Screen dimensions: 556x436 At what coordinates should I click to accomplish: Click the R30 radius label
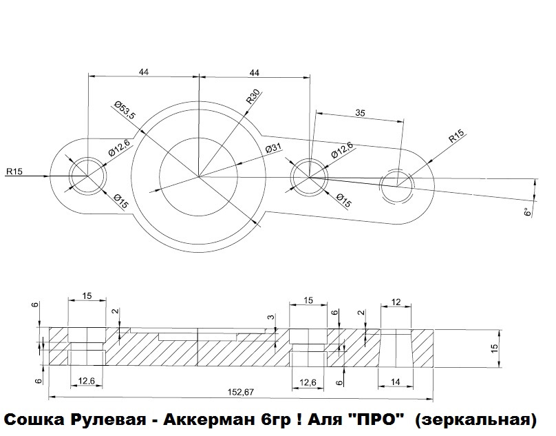(x=254, y=96)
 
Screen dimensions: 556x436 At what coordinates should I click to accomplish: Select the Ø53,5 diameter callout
(x=125, y=110)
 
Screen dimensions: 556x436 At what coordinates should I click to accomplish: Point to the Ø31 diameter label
(x=273, y=149)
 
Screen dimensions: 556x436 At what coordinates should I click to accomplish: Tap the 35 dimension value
(x=360, y=113)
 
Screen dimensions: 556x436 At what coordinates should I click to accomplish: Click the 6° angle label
(x=528, y=212)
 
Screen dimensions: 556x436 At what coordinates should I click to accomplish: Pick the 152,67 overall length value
(x=242, y=392)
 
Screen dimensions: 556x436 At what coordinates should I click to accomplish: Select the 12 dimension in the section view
(x=396, y=302)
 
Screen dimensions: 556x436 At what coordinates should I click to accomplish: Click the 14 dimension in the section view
(x=396, y=382)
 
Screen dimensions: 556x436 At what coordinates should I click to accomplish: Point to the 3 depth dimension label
(x=271, y=317)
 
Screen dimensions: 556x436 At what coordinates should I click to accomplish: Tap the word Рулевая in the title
(x=109, y=420)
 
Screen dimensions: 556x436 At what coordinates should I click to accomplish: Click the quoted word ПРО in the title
(x=376, y=419)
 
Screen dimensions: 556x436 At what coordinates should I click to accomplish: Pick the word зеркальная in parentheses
(x=475, y=420)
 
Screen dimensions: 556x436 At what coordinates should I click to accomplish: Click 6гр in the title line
(x=275, y=420)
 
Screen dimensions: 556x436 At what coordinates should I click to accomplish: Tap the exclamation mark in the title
(x=299, y=419)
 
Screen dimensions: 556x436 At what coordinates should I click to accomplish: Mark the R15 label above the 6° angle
(x=457, y=136)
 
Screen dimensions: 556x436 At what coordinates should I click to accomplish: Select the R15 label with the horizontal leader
(x=14, y=172)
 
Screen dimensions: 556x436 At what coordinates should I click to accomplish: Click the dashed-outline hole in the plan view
(x=397, y=185)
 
